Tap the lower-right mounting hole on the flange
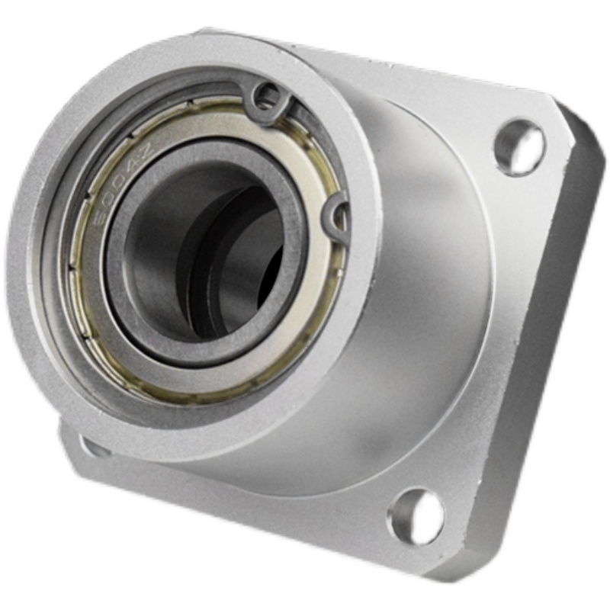[x=416, y=516]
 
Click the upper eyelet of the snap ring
[x=268, y=96]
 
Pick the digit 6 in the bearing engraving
[x=98, y=225]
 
